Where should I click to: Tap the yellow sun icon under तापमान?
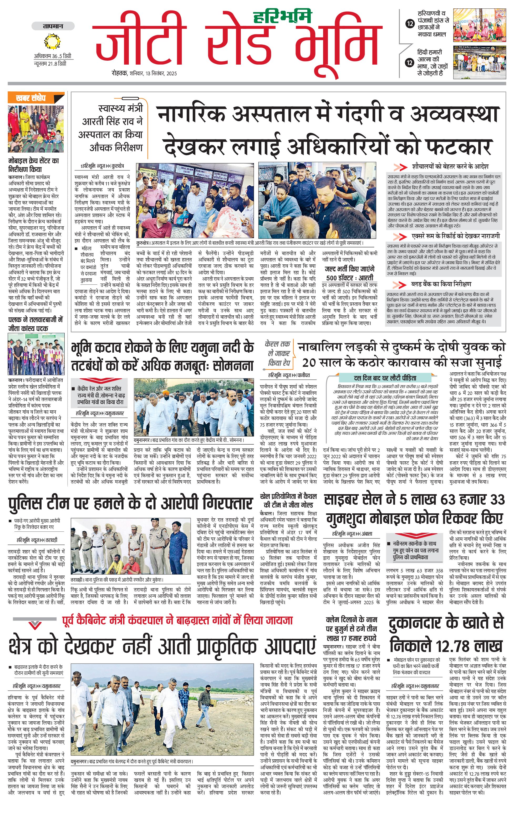click(52, 41)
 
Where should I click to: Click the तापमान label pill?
click(53, 26)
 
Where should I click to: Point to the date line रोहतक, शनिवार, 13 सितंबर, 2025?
click(145, 73)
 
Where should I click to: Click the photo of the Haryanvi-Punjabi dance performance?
click(480, 26)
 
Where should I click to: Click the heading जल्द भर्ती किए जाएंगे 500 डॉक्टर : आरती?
click(350, 273)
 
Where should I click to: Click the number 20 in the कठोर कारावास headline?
click(309, 362)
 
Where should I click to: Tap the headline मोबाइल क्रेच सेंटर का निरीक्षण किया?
click(33, 165)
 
